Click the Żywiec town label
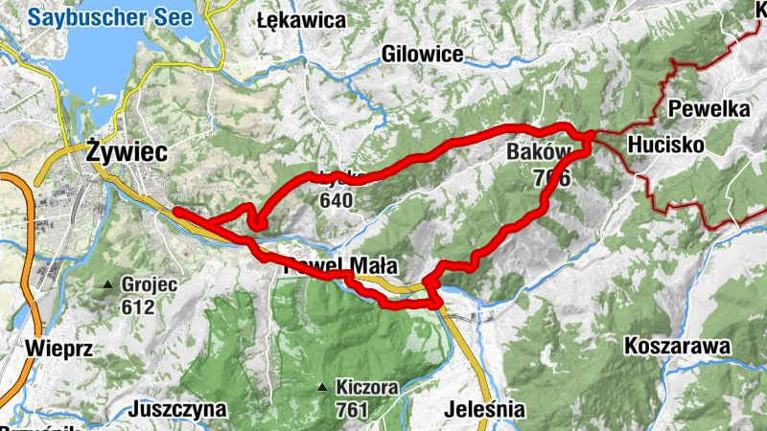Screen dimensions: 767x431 point(126,150)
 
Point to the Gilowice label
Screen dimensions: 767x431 point(422,54)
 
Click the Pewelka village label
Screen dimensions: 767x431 point(709,108)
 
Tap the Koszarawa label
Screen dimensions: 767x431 point(677,346)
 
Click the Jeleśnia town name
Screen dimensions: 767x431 point(485,410)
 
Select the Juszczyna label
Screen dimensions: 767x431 point(181,410)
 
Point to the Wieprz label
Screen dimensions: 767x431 point(59,348)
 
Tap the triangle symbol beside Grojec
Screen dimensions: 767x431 point(108,285)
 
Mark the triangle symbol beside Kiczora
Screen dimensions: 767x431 point(322,388)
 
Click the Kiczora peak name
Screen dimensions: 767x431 point(366,389)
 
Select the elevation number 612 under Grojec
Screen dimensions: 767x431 point(138,307)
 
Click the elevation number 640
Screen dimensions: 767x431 point(337,201)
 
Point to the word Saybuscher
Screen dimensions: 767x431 point(85,16)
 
